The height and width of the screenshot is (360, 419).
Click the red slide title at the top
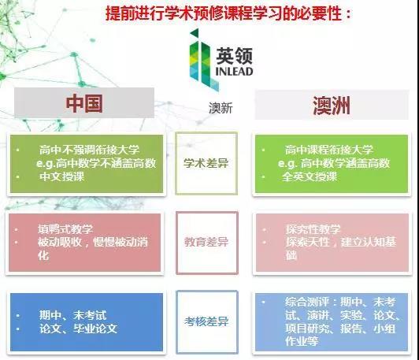[228, 13]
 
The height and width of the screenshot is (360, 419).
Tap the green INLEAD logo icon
[202, 60]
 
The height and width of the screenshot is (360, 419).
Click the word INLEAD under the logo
[234, 72]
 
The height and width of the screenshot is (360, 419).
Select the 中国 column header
[84, 103]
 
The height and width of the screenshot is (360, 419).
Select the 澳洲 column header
[332, 106]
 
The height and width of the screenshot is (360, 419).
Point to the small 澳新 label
[221, 108]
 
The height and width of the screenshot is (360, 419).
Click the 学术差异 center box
[206, 163]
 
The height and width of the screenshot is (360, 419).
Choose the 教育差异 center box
[207, 243]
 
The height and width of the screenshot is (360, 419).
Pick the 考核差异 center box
[207, 321]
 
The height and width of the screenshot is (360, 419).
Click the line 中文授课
[61, 176]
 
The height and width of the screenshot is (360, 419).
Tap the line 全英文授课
[310, 176]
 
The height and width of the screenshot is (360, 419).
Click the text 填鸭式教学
[65, 229]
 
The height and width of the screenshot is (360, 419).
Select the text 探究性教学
[313, 229]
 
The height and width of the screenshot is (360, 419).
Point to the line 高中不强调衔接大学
[89, 150]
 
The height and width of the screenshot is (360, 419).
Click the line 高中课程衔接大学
[328, 150]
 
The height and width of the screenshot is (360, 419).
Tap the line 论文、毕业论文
[78, 328]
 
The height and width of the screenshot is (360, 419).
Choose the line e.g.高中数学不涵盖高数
[96, 163]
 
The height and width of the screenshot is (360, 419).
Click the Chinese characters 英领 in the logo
[234, 56]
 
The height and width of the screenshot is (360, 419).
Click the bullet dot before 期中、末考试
[17, 315]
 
